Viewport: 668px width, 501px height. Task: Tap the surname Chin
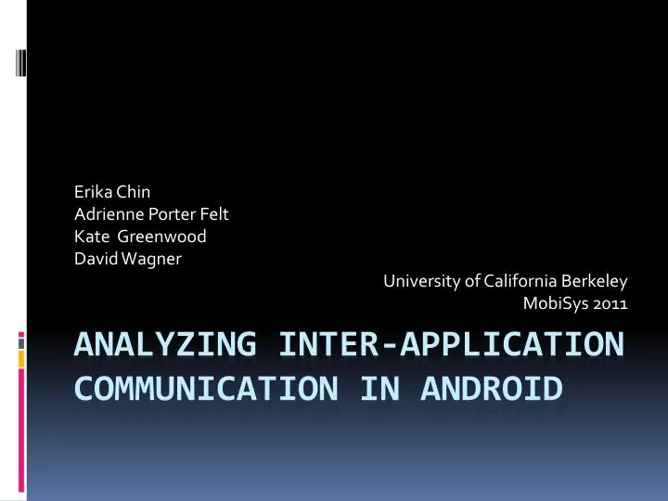[132, 193]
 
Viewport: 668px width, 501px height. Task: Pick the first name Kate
[90, 237]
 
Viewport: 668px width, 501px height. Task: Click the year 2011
[610, 302]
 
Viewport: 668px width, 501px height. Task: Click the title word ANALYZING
[163, 344]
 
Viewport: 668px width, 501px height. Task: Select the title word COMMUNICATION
[197, 388]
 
